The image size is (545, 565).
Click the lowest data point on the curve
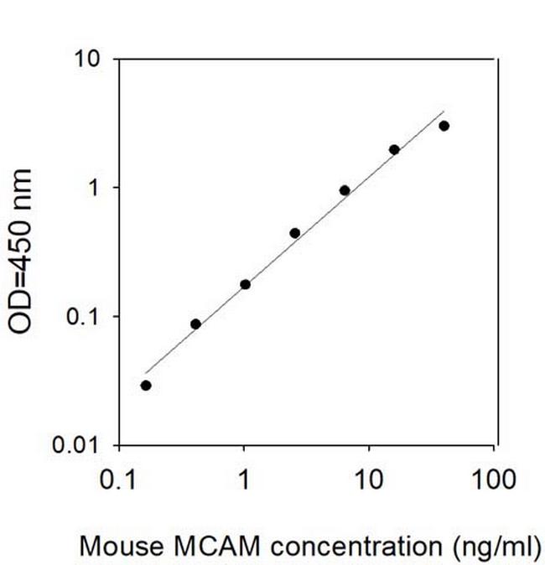point(146,386)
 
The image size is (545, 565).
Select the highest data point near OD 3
point(444,126)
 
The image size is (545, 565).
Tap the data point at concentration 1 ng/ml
point(245,284)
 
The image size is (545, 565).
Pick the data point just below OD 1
point(345,190)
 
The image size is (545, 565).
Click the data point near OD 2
point(394,150)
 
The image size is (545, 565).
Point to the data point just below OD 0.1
point(195,324)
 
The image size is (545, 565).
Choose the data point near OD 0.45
point(295,233)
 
